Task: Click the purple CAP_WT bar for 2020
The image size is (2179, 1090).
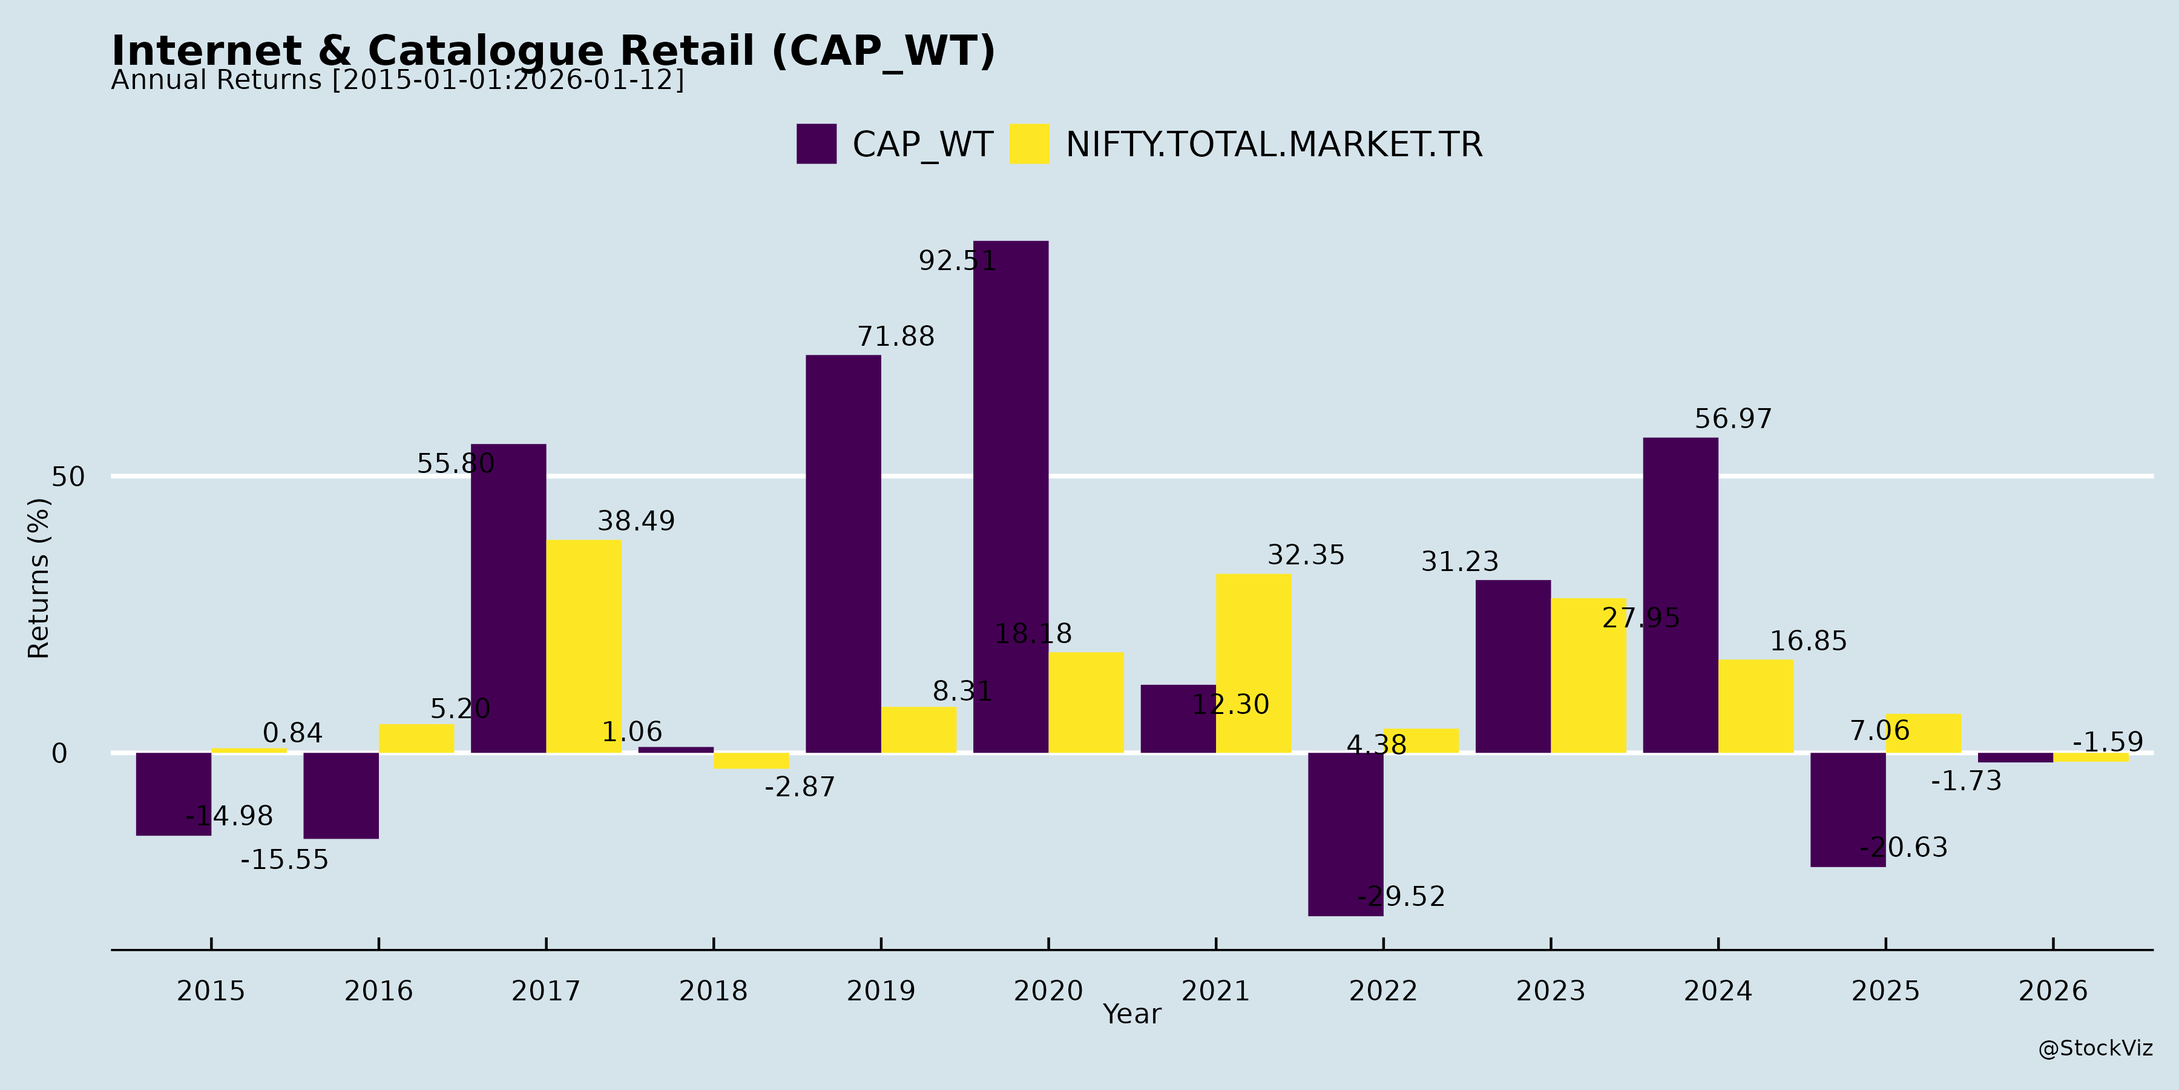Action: click(x=1010, y=497)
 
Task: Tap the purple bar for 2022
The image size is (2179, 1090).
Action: click(x=1345, y=834)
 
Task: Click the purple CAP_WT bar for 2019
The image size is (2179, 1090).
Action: click(x=843, y=553)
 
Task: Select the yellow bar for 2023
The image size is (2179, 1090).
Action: click(x=1589, y=675)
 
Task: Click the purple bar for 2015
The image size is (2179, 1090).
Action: click(x=173, y=794)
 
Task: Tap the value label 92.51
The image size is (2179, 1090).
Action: click(x=958, y=260)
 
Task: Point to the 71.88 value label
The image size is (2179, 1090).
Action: click(x=896, y=337)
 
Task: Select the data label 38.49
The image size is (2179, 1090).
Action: click(x=636, y=521)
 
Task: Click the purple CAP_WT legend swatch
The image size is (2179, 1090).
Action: click(x=817, y=144)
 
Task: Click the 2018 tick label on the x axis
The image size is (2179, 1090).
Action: click(x=713, y=990)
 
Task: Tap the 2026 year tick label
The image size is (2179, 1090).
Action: click(x=2053, y=990)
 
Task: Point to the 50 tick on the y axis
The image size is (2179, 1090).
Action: click(x=68, y=477)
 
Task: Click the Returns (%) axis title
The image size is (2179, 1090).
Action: click(x=39, y=578)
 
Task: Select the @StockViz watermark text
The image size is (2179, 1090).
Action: click(x=2094, y=1049)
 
